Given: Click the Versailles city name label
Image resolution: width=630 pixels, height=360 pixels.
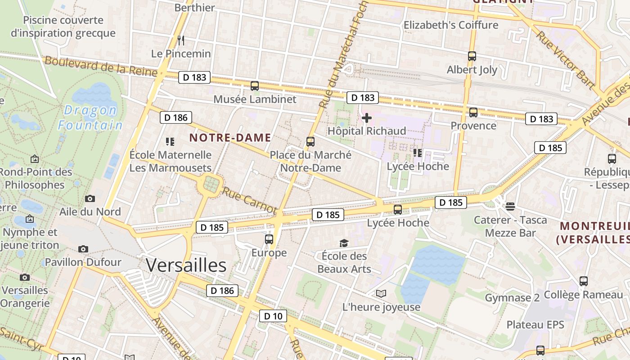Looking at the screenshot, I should click(x=186, y=265).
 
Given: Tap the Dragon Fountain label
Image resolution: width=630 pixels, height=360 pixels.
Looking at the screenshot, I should click(x=90, y=117).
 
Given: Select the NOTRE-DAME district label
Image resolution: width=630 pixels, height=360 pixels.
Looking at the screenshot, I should click(x=230, y=138).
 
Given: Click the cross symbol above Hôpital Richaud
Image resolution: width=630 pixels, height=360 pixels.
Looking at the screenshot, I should click(x=367, y=118).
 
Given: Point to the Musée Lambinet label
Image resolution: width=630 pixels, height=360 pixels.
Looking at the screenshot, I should click(x=255, y=99).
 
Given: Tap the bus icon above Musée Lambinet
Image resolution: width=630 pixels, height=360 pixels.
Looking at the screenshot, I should click(x=255, y=86).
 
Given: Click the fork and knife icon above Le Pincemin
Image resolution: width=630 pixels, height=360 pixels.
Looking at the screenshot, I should click(x=181, y=40).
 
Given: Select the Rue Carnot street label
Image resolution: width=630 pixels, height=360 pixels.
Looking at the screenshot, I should click(x=249, y=200).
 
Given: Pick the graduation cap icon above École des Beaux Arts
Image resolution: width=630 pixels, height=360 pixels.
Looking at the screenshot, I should click(x=344, y=243).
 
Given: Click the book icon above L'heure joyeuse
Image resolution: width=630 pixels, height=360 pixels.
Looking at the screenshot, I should click(x=381, y=294).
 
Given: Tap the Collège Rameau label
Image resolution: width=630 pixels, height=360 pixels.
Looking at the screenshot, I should click(x=583, y=295).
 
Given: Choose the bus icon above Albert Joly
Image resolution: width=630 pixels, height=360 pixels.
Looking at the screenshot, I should click(x=472, y=56).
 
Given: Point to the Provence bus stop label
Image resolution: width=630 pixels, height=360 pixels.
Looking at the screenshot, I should click(x=473, y=126).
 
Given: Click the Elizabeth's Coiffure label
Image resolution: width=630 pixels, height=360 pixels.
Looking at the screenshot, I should click(x=451, y=25).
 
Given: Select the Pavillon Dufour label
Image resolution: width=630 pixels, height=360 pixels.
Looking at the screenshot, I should click(x=83, y=262).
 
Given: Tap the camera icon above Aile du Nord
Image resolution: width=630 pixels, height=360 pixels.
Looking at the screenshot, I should click(x=90, y=198).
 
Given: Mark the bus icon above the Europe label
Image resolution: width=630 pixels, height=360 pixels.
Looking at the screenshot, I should click(x=269, y=239).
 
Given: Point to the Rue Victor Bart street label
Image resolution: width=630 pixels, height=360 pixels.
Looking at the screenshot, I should click(x=566, y=60).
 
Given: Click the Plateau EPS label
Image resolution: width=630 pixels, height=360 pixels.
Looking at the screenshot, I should click(x=535, y=324).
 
